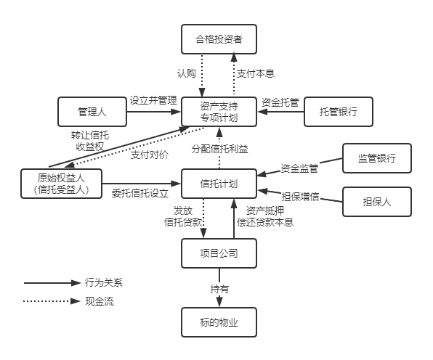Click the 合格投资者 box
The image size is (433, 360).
click(219, 39)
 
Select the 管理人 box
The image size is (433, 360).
click(92, 112)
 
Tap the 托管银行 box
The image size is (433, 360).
click(339, 112)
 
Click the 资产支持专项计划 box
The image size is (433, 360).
click(219, 112)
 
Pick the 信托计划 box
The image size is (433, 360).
click(219, 184)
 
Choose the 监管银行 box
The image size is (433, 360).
click(377, 158)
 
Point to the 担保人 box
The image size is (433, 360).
click(377, 202)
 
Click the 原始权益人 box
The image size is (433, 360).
click(61, 184)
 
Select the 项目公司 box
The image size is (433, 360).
click(219, 253)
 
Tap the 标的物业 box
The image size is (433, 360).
click(219, 322)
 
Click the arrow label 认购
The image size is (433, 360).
click(187, 73)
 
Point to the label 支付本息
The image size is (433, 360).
click(256, 73)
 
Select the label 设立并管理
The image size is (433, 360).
click(153, 100)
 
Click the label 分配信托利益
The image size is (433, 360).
click(220, 149)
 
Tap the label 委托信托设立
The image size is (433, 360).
click(140, 193)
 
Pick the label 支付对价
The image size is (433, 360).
click(150, 155)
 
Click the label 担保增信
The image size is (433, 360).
click(301, 197)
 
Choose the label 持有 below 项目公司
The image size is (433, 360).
click(219, 289)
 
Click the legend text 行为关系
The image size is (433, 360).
click(104, 282)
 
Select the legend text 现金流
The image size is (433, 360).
click(99, 301)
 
